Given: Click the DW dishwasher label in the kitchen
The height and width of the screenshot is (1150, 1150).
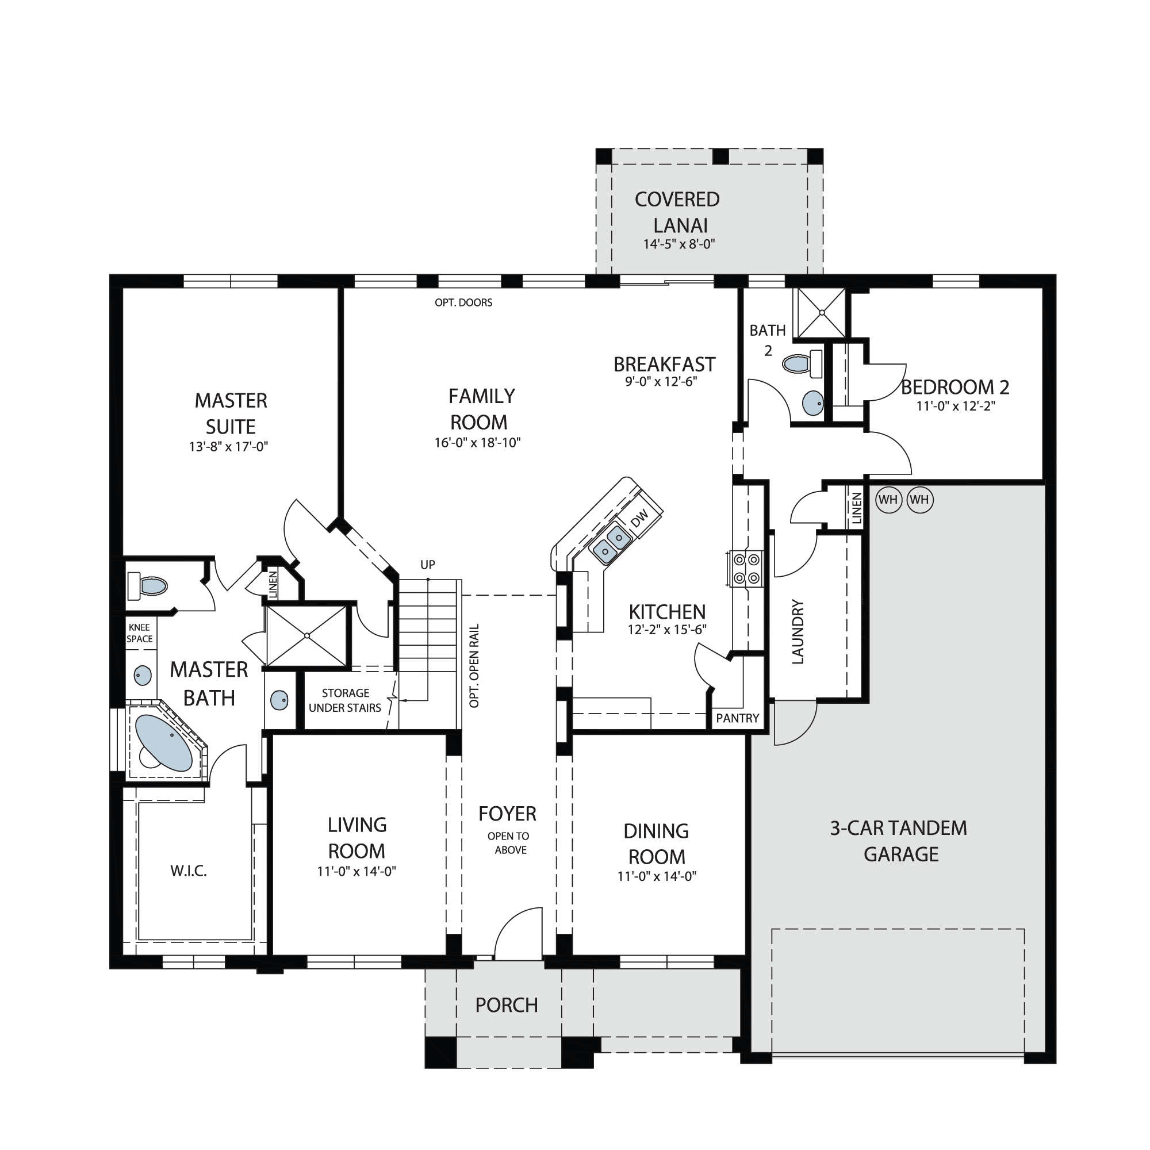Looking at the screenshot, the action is (639, 519).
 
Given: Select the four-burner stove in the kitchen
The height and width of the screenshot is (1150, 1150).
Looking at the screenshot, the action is (746, 569).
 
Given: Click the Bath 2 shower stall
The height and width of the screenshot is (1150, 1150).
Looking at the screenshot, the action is (821, 312).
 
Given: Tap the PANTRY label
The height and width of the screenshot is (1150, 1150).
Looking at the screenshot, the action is (738, 718).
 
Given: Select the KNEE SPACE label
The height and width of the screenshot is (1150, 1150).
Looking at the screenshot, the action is (139, 633).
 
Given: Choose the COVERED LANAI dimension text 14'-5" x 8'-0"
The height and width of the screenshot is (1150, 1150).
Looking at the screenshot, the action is (678, 244).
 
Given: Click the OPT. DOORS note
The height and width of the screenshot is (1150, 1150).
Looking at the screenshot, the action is (463, 302).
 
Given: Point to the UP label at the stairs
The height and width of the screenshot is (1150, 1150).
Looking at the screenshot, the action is (428, 564).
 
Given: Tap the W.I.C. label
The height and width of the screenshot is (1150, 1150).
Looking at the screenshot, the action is (189, 872).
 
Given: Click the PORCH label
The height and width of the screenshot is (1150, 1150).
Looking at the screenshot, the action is (507, 1005).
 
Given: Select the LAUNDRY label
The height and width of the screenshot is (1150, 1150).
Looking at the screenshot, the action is (798, 631).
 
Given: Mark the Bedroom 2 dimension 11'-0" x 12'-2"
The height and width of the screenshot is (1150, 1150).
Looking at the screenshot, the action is (956, 406).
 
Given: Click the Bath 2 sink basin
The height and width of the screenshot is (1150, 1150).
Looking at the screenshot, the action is (812, 403).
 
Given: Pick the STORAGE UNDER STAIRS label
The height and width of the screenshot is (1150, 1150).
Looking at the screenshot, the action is (345, 700).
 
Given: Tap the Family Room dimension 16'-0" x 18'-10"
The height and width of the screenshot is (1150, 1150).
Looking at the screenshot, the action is (477, 442).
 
